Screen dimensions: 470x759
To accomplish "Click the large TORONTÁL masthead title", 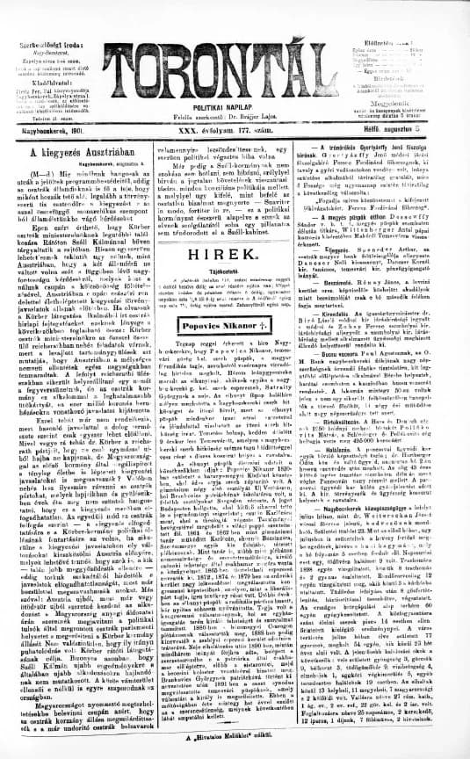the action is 235,54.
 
